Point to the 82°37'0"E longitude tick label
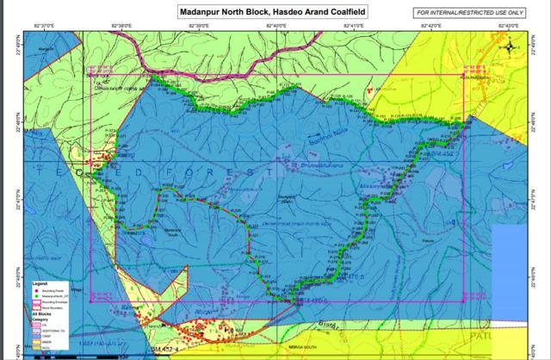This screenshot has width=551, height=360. pyautogui.click(x=42, y=27)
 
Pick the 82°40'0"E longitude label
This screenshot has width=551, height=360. pyautogui.click(x=276, y=27)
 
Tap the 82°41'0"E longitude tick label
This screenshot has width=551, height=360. pyautogui.click(x=354, y=27)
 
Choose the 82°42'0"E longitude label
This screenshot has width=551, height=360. pyautogui.click(x=431, y=27)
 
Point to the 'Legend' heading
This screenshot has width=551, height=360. pyautogui.click(x=44, y=282)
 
